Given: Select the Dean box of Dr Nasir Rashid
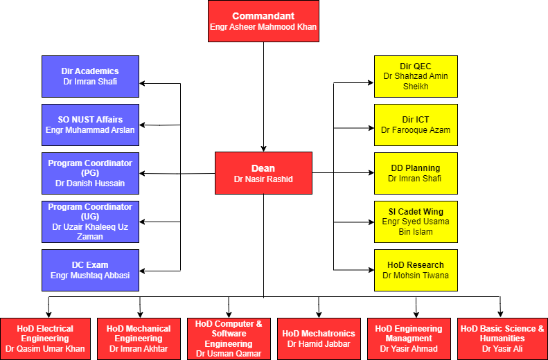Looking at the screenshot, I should click(263, 173).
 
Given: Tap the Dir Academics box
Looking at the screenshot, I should click(90, 76).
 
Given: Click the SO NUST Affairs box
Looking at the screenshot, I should click(90, 125).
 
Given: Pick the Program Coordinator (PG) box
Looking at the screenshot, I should click(90, 173).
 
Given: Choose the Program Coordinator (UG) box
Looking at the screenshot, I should click(90, 222).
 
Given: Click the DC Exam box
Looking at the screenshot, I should click(90, 270).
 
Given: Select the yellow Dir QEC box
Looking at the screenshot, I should click(416, 76).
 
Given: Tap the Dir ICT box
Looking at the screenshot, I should click(416, 125).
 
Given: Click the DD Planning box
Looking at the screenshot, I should click(416, 173).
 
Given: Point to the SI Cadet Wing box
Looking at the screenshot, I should click(416, 222).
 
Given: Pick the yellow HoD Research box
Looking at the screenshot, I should click(416, 270).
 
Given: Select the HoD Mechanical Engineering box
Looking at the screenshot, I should click(139, 339).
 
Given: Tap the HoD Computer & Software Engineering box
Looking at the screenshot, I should click(229, 339).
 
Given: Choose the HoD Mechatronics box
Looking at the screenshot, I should click(319, 339).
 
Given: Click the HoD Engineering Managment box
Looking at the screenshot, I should click(409, 339).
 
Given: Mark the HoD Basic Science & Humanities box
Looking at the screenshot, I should click(502, 339).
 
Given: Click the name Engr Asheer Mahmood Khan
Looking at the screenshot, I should click(263, 27).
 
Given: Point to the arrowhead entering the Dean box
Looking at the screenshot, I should click(263, 148).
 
